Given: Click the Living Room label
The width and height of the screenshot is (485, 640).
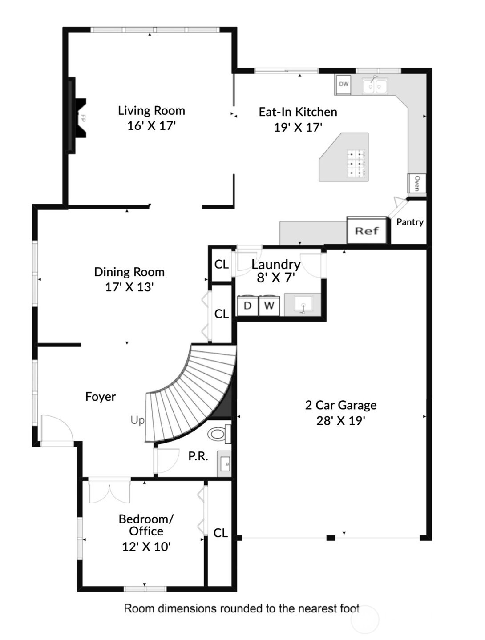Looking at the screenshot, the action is pyautogui.click(x=151, y=110).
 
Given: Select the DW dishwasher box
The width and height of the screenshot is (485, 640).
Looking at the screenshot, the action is pyautogui.click(x=344, y=84).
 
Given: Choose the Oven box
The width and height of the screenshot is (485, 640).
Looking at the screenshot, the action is pyautogui.click(x=416, y=183).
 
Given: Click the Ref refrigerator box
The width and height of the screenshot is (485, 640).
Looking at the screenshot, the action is pyautogui.click(x=367, y=231).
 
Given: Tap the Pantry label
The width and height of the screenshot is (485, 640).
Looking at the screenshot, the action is pyautogui.click(x=410, y=222).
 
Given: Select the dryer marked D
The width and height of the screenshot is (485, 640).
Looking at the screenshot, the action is pyautogui.click(x=247, y=306).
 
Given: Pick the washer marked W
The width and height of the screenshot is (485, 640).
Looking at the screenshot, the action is pyautogui.click(x=269, y=306).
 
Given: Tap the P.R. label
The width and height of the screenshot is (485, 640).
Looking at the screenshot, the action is pyautogui.click(x=198, y=456).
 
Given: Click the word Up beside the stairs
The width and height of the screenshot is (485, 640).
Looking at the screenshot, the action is pyautogui.click(x=137, y=420).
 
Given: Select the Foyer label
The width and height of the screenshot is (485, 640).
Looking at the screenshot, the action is pyautogui.click(x=100, y=397).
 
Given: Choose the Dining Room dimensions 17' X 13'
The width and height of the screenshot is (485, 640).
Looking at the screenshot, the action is pyautogui.click(x=129, y=287).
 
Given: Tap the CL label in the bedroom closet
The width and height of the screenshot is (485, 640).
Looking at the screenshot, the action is pyautogui.click(x=221, y=533).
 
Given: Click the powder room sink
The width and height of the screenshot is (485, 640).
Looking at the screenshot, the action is pyautogui.click(x=224, y=463).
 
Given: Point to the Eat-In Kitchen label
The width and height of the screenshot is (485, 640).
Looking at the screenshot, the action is pyautogui.click(x=298, y=112).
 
